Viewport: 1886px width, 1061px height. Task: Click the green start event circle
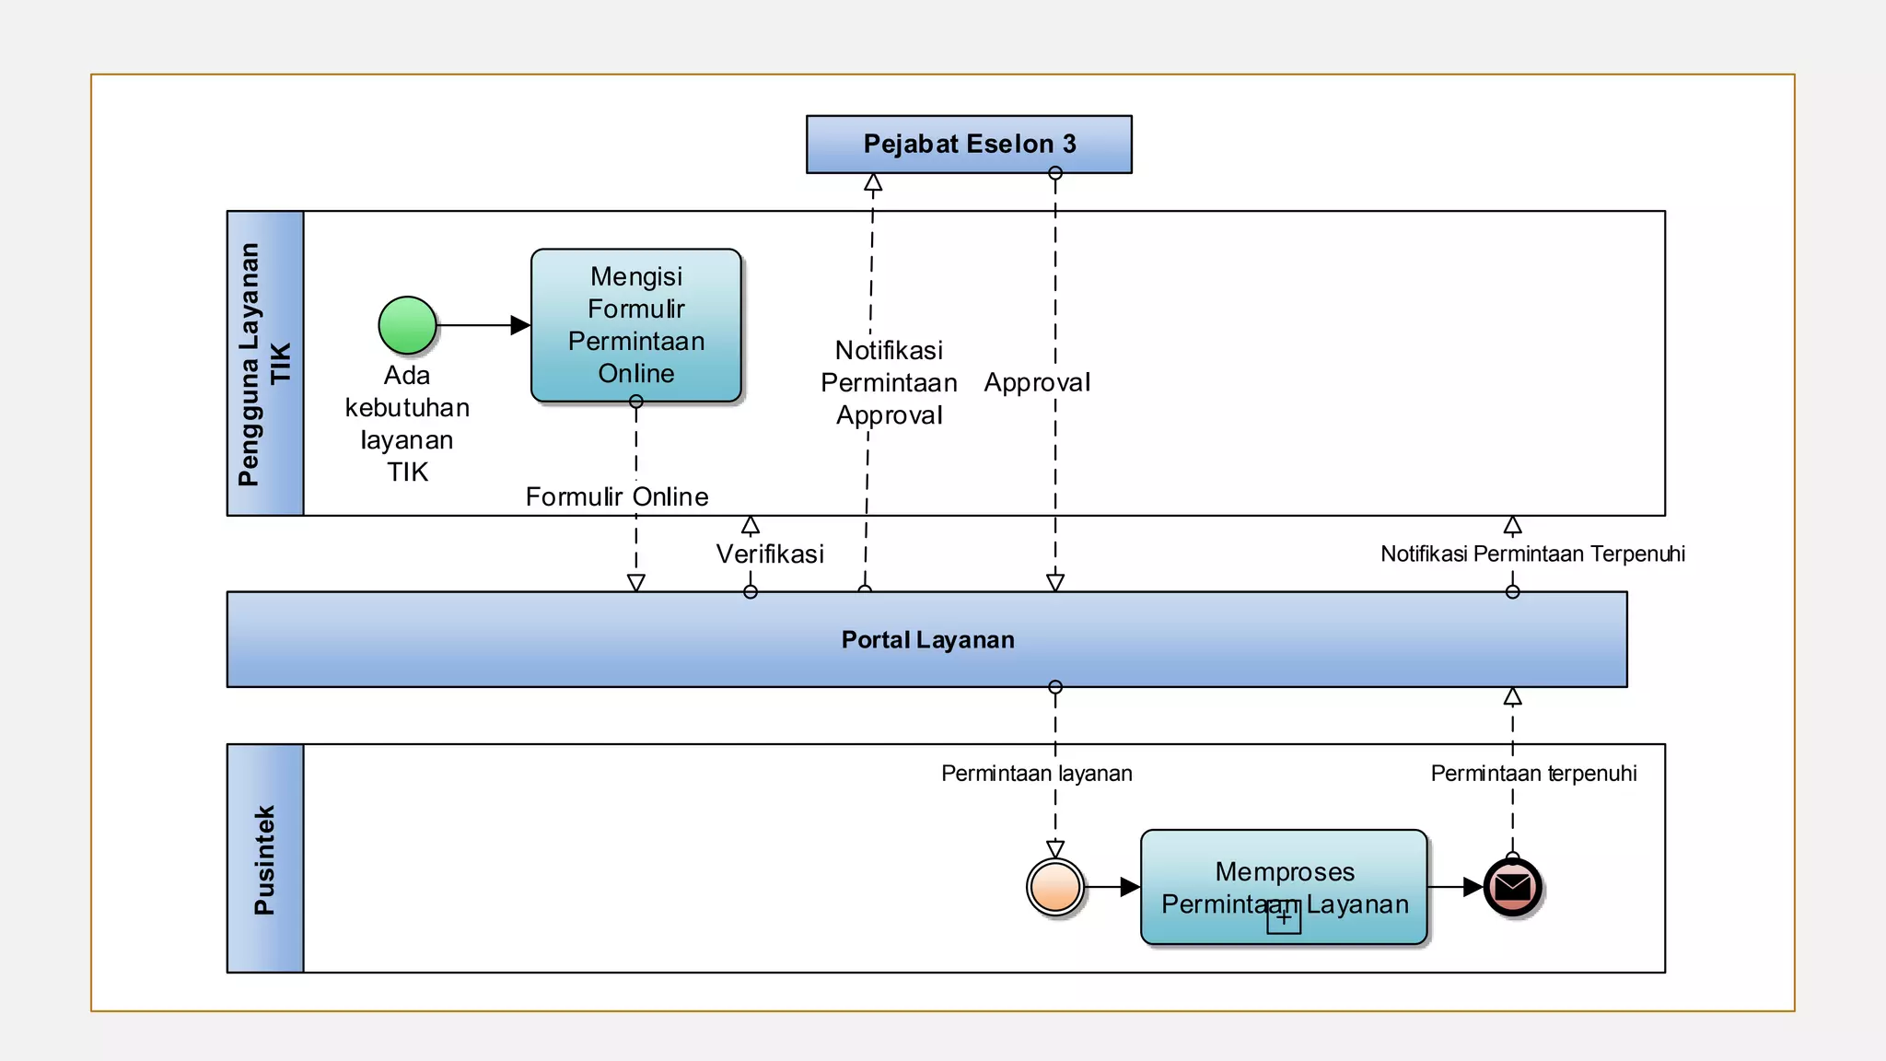(407, 325)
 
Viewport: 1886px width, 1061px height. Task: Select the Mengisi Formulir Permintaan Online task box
(636, 325)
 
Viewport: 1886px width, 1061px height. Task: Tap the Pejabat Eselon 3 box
(969, 144)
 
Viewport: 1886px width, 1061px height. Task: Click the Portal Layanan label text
(927, 640)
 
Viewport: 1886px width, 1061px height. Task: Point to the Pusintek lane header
(265, 858)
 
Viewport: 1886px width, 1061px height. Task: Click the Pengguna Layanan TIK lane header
(265, 363)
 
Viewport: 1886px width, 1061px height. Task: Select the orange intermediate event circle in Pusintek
(1055, 887)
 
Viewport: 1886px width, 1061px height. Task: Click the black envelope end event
(1512, 887)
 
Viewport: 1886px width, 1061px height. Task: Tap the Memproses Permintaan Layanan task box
(1284, 875)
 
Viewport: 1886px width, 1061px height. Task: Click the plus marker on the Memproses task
(1284, 917)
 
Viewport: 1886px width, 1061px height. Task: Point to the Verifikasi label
(770, 554)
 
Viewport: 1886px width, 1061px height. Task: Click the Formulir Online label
(617, 497)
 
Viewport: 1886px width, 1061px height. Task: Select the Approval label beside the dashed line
(1037, 382)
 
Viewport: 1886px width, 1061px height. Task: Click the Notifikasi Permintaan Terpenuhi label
(1532, 554)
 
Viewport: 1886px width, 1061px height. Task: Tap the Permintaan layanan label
(1036, 774)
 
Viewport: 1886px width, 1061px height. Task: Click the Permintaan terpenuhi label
(1533, 774)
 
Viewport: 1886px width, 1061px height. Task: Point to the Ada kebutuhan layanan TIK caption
(407, 424)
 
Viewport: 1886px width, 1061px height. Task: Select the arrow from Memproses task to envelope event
(1455, 887)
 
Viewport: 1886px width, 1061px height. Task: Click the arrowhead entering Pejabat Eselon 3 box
(873, 182)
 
